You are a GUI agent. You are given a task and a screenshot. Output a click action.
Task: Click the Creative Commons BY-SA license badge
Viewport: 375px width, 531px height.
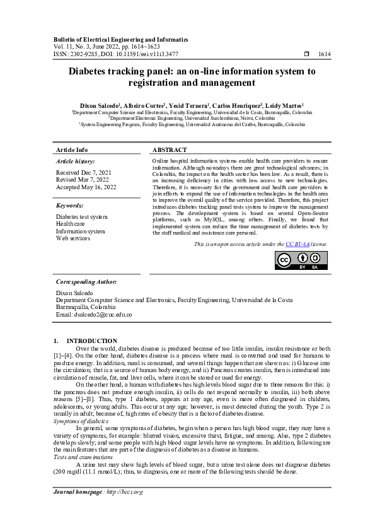point(301,260)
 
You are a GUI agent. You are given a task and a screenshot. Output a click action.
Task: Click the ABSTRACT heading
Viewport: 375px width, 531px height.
point(170,150)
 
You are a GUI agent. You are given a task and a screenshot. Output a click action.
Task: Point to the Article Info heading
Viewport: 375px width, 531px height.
point(72,150)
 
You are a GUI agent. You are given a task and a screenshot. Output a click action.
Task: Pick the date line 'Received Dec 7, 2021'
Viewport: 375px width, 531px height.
point(84,172)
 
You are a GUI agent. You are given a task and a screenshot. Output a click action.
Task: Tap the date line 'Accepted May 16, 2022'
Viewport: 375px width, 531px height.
point(86,187)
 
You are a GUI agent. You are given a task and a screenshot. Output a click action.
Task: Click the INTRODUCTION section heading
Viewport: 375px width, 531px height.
point(91,341)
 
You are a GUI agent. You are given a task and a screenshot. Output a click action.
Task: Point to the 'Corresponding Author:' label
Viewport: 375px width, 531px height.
point(86,282)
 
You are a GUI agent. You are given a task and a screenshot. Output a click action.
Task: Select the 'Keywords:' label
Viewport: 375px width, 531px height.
point(69,206)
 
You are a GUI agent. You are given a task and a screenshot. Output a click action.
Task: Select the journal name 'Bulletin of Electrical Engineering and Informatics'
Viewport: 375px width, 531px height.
point(118,39)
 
